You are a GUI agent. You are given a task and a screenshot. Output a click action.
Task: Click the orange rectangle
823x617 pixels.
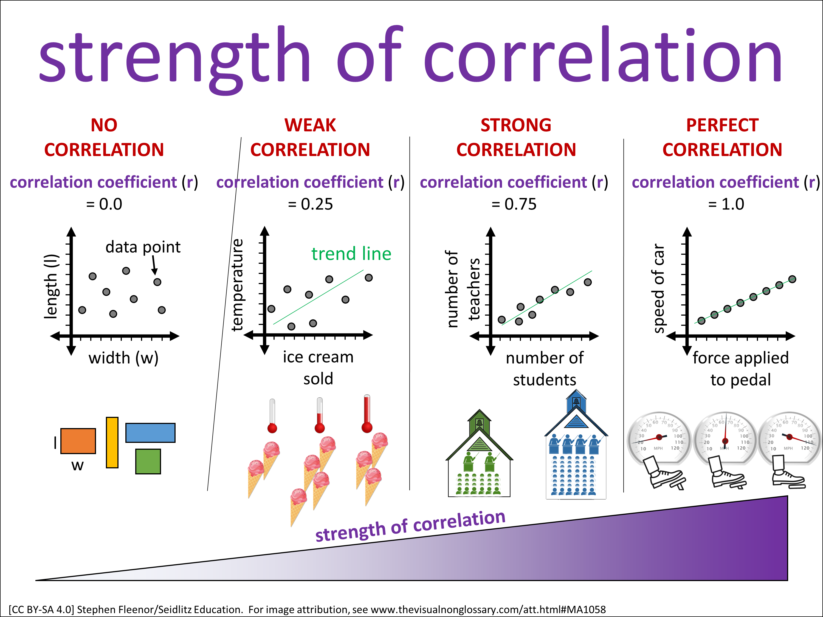tap(78, 441)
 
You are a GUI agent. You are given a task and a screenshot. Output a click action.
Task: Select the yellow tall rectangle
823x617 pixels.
tap(112, 442)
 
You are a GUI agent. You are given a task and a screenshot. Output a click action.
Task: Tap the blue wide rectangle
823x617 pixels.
tap(150, 432)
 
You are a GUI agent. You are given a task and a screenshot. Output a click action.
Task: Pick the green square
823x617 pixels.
tap(148, 461)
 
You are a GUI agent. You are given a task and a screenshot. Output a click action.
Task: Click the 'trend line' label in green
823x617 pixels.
tap(351, 254)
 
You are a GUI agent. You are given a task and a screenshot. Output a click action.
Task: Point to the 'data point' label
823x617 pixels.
tap(143, 247)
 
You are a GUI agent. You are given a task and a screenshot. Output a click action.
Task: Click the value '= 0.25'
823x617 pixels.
tap(310, 204)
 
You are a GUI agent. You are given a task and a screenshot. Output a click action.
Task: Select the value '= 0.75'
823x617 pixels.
tap(514, 204)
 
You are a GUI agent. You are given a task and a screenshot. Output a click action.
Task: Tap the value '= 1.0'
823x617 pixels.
tap(726, 204)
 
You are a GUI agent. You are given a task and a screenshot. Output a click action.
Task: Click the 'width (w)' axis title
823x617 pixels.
tap(123, 358)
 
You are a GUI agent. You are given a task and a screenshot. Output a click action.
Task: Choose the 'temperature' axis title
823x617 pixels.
tap(237, 285)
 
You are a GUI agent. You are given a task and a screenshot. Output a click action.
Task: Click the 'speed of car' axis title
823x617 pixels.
tap(659, 288)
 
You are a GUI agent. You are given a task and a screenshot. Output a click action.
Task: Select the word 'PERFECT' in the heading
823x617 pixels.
tap(722, 125)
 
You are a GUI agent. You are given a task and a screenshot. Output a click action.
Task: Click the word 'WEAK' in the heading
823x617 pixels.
tap(310, 125)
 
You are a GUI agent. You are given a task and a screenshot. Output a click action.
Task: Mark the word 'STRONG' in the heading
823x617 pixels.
tap(516, 125)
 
